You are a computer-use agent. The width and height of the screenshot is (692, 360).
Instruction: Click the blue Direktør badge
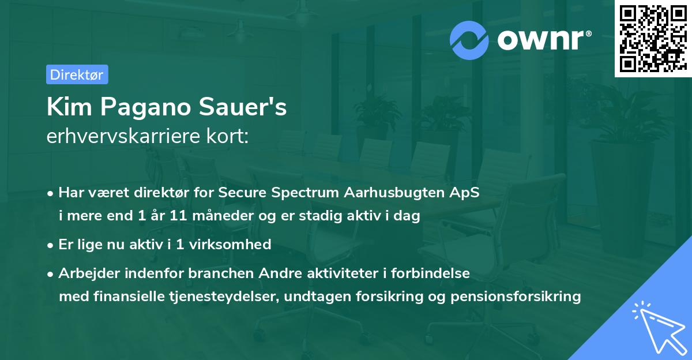(x=77, y=74)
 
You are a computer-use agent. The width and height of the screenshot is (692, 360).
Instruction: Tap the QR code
(x=653, y=38)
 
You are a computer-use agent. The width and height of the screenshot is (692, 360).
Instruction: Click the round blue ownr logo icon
(x=469, y=40)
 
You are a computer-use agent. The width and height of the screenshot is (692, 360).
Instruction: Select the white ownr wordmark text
(x=544, y=40)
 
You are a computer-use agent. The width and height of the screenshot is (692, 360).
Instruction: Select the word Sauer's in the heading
(x=243, y=107)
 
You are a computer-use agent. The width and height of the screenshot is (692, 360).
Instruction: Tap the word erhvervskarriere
(x=123, y=136)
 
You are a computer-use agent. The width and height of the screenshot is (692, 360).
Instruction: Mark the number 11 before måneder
(x=178, y=216)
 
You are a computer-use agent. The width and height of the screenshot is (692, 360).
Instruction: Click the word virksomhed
(x=230, y=245)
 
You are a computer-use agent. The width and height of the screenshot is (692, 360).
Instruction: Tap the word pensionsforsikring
(x=516, y=297)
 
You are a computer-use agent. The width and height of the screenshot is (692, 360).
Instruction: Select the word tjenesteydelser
(x=224, y=297)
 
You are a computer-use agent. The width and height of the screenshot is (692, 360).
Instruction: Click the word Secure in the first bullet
(x=242, y=193)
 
